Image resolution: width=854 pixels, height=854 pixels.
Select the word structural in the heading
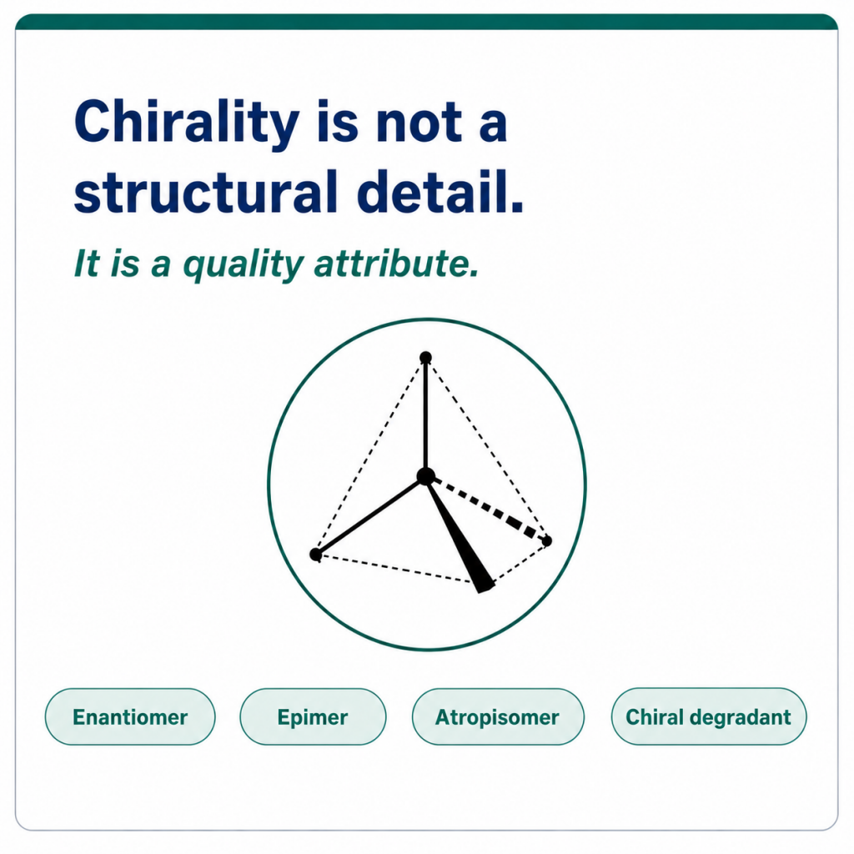click(206, 191)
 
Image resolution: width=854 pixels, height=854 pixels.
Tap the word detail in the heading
click(440, 191)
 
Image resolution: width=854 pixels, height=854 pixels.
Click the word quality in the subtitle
click(243, 264)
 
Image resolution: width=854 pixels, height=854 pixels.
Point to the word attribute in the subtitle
click(396, 263)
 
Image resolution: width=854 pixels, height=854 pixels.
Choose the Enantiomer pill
click(130, 716)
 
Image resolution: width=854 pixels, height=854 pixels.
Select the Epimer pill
click(313, 716)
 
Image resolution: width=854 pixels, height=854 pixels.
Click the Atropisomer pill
click(498, 716)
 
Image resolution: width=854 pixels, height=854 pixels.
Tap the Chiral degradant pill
click(709, 716)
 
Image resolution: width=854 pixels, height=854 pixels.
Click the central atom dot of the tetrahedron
click(426, 476)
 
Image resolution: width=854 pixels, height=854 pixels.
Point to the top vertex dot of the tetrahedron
click(426, 357)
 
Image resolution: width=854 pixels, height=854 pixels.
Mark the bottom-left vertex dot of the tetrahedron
click(315, 555)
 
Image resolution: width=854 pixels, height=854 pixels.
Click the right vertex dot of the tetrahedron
click(547, 540)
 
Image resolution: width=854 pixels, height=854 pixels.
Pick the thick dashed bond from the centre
click(486, 508)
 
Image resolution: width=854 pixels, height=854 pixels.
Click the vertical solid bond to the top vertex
click(426, 417)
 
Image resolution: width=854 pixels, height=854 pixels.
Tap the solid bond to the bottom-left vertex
click(370, 515)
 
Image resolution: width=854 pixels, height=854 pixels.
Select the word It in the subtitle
click(87, 264)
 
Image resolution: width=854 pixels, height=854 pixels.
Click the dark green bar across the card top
click(427, 22)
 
